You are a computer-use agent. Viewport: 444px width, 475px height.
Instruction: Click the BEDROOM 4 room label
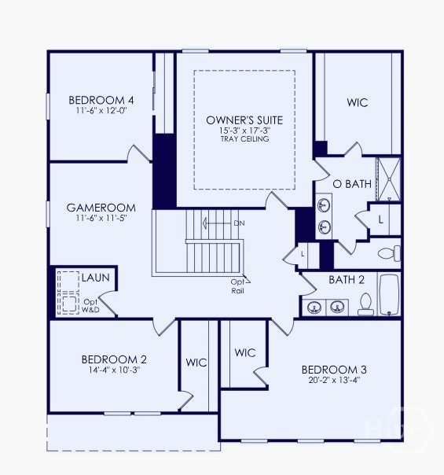(101, 100)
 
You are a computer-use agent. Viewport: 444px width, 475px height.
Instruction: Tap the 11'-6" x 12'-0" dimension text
(101, 111)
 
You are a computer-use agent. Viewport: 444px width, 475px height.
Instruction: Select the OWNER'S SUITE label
(244, 120)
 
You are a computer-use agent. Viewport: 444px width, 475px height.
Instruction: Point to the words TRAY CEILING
(244, 139)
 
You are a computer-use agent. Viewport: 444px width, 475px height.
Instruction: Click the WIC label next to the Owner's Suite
(358, 103)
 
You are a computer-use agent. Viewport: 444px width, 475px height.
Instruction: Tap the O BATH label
(352, 184)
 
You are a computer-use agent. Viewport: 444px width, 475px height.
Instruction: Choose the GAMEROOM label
(101, 208)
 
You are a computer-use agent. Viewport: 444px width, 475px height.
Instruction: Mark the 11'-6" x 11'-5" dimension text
(101, 219)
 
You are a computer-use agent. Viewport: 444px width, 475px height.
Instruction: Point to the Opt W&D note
(91, 306)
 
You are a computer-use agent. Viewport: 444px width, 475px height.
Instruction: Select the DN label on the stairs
(239, 223)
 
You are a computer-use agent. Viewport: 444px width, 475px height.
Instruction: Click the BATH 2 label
(347, 279)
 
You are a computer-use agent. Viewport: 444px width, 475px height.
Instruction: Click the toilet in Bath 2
(365, 304)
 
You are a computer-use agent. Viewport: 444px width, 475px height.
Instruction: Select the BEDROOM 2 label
(114, 359)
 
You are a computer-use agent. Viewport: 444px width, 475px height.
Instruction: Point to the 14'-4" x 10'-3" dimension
(114, 370)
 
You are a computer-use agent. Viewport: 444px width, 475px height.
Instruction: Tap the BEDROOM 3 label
(334, 369)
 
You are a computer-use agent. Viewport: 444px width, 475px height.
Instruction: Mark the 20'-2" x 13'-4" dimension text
(334, 381)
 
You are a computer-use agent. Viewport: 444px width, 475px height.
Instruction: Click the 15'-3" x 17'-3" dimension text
(244, 131)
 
